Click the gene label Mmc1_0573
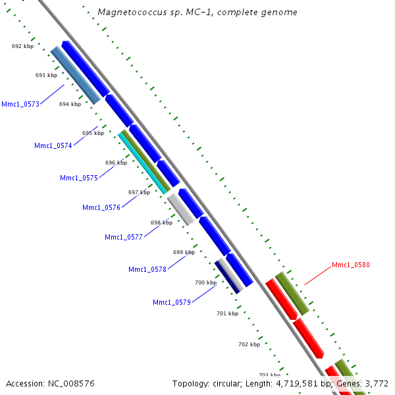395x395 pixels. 20,104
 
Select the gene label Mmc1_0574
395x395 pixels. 53,145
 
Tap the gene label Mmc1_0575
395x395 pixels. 79,178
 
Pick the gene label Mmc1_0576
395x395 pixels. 101,207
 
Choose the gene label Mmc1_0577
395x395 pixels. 124,237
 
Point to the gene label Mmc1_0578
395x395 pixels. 147,269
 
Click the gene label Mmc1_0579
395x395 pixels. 172,302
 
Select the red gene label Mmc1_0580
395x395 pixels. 351,265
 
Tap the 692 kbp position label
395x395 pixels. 22,46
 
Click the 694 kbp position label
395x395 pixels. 70,104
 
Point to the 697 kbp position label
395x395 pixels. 139,192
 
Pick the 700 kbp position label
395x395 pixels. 205,282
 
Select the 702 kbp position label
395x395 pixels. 249,344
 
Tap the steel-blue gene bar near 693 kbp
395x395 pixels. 76,75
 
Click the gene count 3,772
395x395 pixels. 376,383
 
